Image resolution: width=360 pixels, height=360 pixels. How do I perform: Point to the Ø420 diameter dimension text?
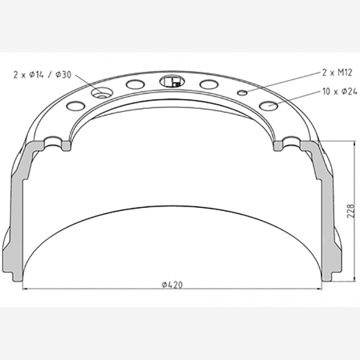pos(172,285)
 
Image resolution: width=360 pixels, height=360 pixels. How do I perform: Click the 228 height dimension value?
pos(351,211)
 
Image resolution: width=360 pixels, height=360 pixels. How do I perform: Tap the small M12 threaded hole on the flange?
pos(243,93)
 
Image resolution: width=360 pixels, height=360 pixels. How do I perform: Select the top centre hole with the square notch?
pos(171,81)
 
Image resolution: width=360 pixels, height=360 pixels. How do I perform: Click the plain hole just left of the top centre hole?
pos(135,85)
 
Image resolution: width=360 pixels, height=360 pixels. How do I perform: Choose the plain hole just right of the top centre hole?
pos(208,85)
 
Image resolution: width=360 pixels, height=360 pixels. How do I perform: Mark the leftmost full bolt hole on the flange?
pos(75,105)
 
